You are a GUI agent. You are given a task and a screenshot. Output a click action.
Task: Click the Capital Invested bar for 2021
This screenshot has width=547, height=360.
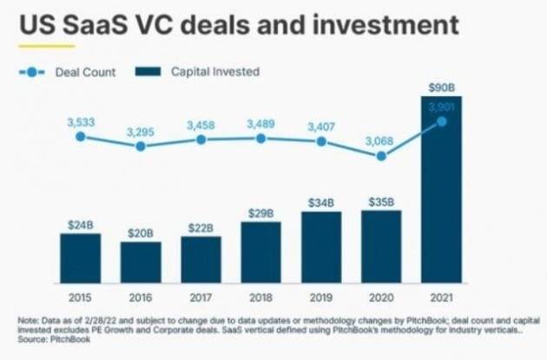(x=441, y=191)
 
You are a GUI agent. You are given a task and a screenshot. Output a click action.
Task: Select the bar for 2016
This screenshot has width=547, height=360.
(x=141, y=262)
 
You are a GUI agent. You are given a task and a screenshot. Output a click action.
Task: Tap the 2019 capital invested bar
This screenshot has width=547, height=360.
(x=321, y=247)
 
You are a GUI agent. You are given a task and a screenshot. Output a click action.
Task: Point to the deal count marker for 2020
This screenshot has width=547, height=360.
(x=381, y=156)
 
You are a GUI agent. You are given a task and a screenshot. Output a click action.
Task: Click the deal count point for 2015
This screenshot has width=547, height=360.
(x=80, y=136)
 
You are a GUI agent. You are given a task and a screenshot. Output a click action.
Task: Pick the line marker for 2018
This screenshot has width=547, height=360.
(x=260, y=138)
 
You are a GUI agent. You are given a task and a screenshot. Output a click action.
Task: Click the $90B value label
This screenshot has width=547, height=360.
(x=441, y=87)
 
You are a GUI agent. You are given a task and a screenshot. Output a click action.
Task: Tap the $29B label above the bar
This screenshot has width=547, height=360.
(x=260, y=213)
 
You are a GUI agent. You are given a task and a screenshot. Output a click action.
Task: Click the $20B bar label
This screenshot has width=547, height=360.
(x=141, y=232)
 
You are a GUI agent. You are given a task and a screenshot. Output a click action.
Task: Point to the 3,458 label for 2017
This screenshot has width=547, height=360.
(x=201, y=126)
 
